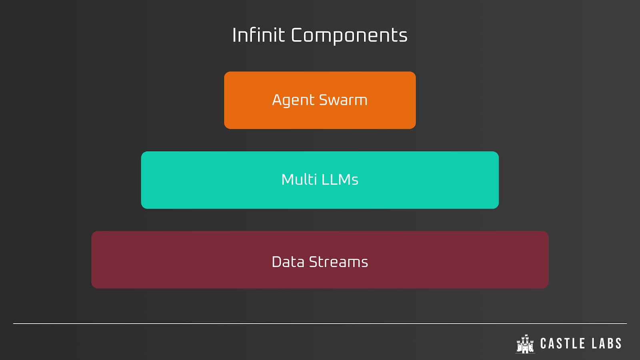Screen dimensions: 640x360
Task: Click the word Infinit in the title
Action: pos(259,35)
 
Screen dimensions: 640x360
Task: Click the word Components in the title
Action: pos(349,36)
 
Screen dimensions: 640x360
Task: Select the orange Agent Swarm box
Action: pos(320,100)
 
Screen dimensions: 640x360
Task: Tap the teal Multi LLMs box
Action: pos(320,180)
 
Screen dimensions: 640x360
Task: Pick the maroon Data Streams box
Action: pos(320,260)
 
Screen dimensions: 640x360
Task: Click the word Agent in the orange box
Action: pos(294,100)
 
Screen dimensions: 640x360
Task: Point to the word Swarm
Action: pos(343,100)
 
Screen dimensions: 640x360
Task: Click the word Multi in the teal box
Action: pos(299,180)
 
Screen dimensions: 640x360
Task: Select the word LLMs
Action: pos(340,180)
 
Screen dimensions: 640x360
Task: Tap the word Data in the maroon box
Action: pos(288,262)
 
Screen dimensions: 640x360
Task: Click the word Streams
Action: pos(338,262)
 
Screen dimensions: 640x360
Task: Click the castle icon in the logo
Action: pos(525,344)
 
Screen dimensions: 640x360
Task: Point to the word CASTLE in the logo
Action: pos(563,344)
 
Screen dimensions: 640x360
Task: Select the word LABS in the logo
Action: pos(607,344)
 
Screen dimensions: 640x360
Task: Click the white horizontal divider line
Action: pos(320,324)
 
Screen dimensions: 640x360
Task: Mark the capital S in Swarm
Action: pos(324,100)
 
